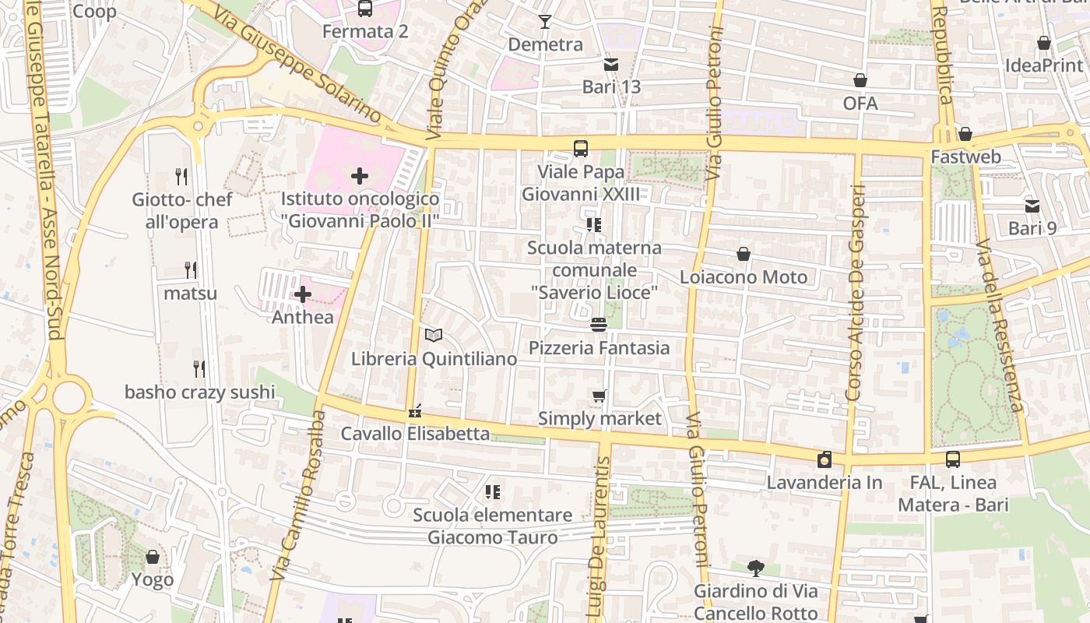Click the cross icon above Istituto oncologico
click(x=359, y=176)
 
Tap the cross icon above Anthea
click(x=303, y=294)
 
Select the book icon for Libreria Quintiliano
click(x=434, y=336)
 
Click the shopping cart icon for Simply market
click(x=599, y=396)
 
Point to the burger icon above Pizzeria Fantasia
click(x=599, y=325)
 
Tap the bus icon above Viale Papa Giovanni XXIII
click(x=580, y=149)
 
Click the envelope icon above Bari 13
click(x=611, y=64)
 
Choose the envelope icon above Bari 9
click(x=1032, y=206)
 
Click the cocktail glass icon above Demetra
click(x=545, y=22)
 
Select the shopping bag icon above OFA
click(x=860, y=80)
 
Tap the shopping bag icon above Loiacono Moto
click(x=744, y=254)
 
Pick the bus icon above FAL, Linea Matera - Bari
click(x=953, y=459)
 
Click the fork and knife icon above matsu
click(x=191, y=270)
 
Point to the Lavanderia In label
click(x=825, y=483)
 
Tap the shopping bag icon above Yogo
click(x=153, y=557)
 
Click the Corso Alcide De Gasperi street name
click(x=856, y=293)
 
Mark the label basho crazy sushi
click(x=200, y=392)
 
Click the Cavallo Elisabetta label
click(x=415, y=434)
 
